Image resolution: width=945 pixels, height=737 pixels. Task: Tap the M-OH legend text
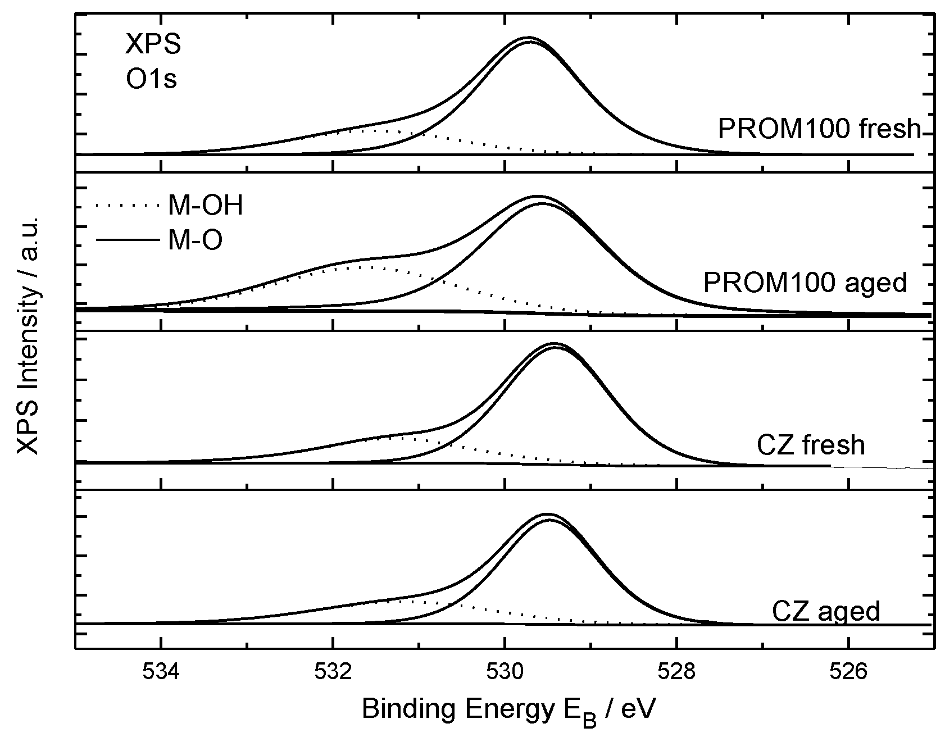tap(205, 206)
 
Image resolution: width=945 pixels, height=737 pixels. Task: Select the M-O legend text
tap(195, 241)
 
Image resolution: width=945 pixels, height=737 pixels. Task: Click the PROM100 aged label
tap(805, 283)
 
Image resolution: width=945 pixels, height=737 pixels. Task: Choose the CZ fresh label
tap(810, 445)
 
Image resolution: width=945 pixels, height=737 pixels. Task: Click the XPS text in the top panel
tap(153, 45)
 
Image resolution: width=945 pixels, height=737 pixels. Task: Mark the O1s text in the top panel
tap(151, 79)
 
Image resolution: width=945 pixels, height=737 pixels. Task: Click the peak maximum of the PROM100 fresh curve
tap(528, 38)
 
